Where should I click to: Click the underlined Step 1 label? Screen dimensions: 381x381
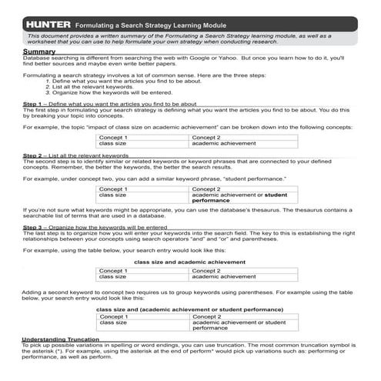pyautogui.click(x=32, y=103)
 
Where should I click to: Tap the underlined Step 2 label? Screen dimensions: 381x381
pyautogui.click(x=32, y=155)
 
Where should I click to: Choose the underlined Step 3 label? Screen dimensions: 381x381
pyautogui.click(x=32, y=228)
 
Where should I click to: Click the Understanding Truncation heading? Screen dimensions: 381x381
pyautogui.click(x=60, y=339)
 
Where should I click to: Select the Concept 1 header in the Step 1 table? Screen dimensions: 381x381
pyautogui.click(x=113, y=137)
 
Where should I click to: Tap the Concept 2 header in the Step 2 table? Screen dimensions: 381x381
pyautogui.click(x=206, y=189)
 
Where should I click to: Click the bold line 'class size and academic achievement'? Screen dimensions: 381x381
pyautogui.click(x=190, y=262)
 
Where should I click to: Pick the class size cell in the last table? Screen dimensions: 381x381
pyautogui.click(x=113, y=323)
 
